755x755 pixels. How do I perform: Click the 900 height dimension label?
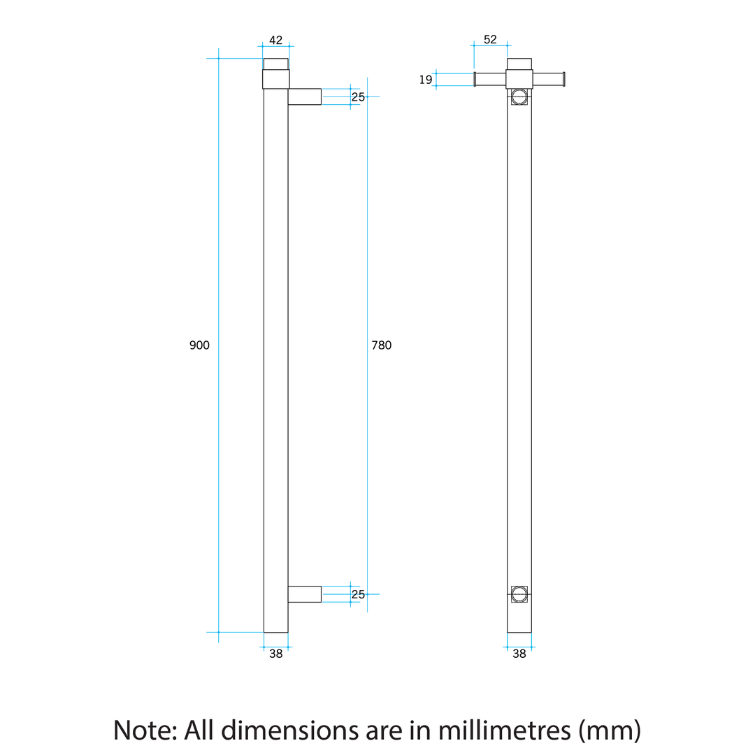(199, 345)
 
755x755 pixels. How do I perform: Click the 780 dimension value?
(381, 345)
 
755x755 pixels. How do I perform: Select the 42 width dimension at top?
(275, 41)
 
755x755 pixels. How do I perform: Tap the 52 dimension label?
(490, 40)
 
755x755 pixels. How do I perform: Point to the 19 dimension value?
(426, 80)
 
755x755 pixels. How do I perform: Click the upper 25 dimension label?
(358, 97)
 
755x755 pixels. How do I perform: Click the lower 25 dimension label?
(358, 595)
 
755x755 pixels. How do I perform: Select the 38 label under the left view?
(275, 654)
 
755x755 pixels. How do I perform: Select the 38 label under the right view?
(519, 654)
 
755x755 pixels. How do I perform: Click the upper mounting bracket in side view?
(304, 96)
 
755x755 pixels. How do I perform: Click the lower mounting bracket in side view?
(304, 594)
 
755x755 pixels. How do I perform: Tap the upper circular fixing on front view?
(519, 96)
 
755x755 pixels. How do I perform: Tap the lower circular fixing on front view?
(519, 594)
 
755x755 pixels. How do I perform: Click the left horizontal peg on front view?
(490, 80)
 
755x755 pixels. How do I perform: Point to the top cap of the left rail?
(275, 64)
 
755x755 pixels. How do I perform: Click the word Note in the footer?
(144, 731)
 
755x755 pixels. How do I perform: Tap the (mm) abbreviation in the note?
(610, 731)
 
